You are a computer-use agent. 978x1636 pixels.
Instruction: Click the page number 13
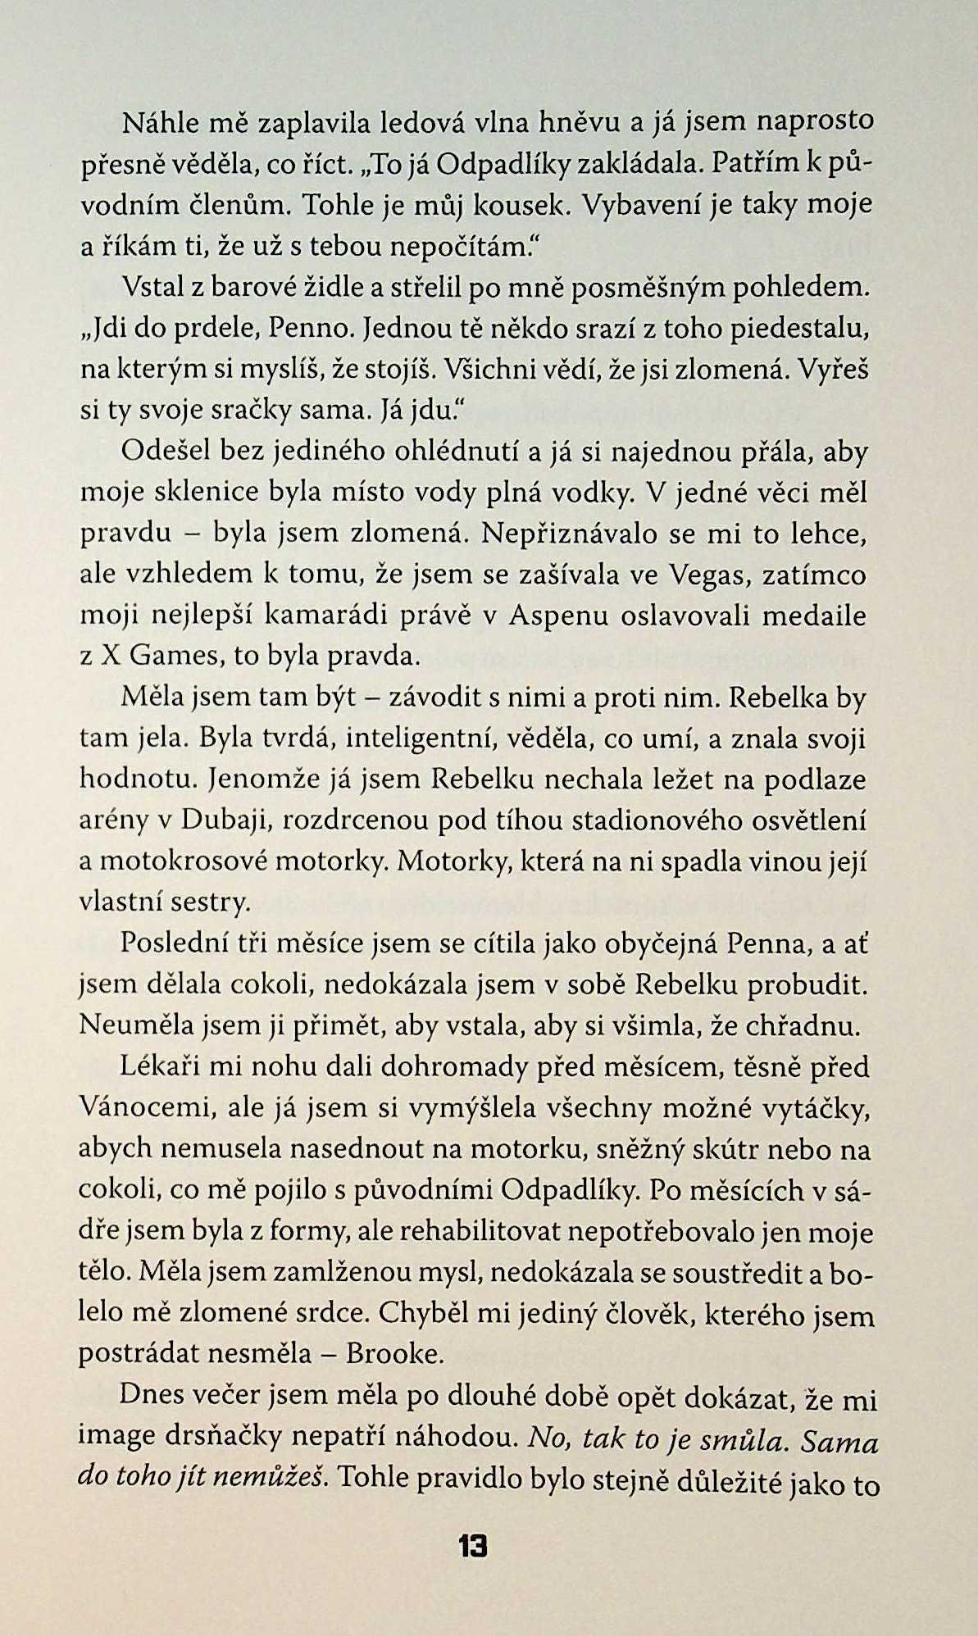pos(473,1547)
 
